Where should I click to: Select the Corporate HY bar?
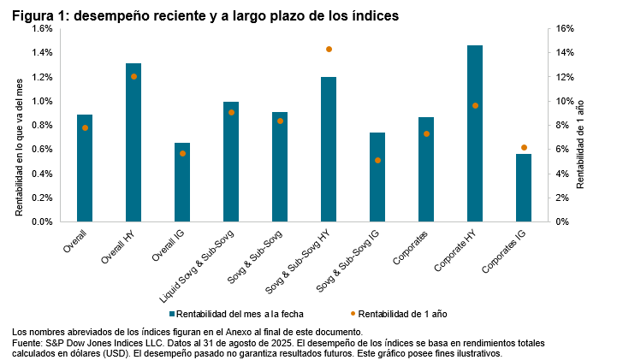coord(475,133)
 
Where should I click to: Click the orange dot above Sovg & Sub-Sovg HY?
coord(329,50)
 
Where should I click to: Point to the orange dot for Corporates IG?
coord(524,148)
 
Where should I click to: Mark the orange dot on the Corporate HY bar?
coord(475,105)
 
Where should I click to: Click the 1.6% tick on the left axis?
coord(42,28)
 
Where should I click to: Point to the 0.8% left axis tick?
coord(42,125)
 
